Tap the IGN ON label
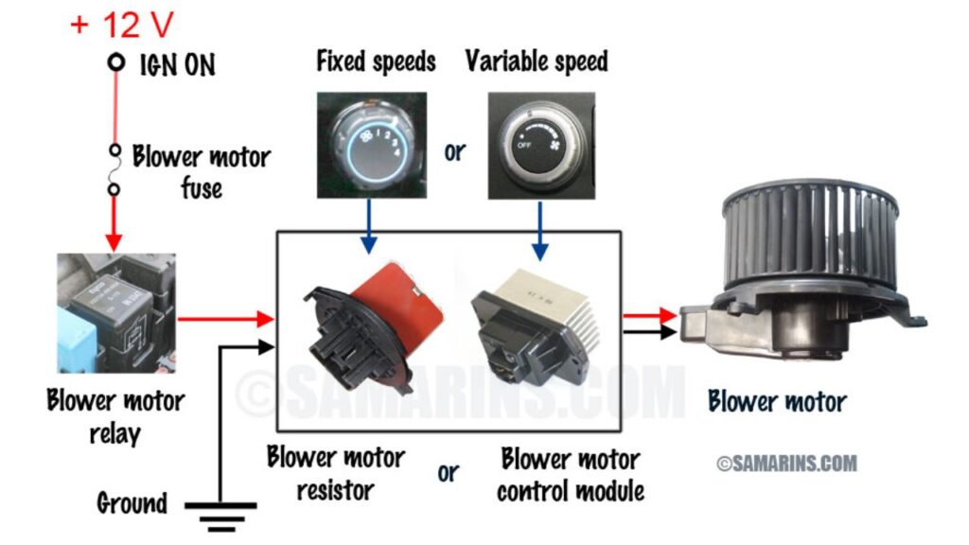pyautogui.click(x=178, y=65)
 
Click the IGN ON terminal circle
pyautogui.click(x=116, y=63)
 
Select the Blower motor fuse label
pyautogui.click(x=202, y=170)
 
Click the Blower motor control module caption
pyautogui.click(x=571, y=476)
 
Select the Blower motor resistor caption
pyautogui.click(x=336, y=473)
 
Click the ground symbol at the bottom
pyautogui.click(x=220, y=511)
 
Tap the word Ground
pyautogui.click(x=132, y=502)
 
